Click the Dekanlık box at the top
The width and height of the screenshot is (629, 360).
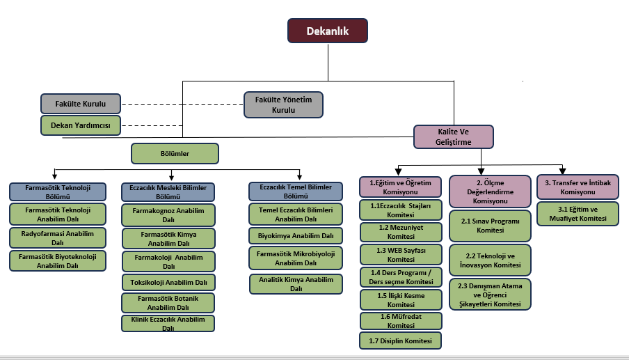328,31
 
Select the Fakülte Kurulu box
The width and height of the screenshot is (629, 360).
81,104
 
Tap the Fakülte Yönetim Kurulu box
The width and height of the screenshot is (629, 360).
284,104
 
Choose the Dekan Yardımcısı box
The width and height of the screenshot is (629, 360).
81,125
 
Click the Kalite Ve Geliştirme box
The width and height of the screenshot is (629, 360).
454,136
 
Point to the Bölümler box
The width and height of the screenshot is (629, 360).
175,152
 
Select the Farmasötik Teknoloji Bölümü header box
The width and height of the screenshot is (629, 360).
58,191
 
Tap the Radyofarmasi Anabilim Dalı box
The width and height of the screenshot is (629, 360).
58,237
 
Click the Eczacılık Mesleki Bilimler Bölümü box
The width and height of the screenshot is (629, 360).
168,191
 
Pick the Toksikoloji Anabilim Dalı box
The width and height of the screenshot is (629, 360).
168,282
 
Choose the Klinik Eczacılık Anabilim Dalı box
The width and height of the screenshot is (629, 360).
168,323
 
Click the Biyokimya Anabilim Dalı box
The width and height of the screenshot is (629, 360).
296,235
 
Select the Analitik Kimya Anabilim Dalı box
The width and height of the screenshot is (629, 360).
296,284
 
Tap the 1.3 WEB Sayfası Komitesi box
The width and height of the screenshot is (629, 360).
401,254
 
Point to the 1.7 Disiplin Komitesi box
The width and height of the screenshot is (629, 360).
401,341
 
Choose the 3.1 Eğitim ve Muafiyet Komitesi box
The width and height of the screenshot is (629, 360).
578,213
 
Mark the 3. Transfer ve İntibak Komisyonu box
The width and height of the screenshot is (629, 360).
578,187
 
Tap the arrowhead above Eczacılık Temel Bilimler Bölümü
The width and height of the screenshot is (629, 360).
299,177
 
